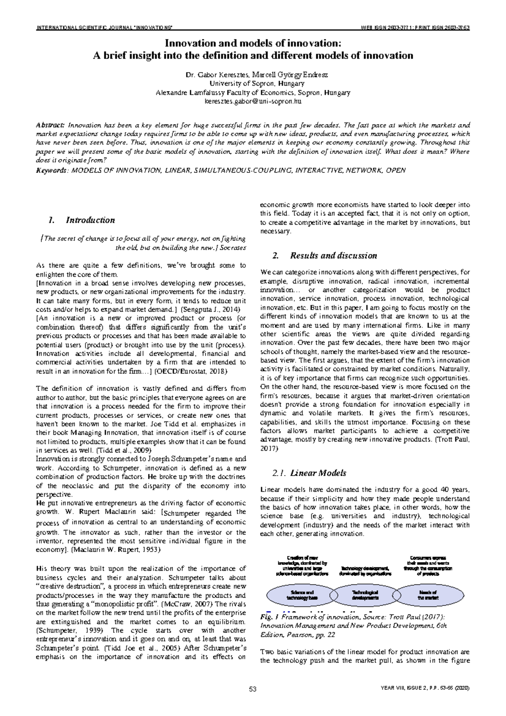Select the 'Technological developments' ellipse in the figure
coord(365,595)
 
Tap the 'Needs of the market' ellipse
coord(428,595)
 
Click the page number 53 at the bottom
coord(253,689)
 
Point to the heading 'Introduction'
coord(90,220)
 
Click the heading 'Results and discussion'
coord(334,256)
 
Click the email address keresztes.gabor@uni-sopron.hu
coord(253,102)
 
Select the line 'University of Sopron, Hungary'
coord(253,83)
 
